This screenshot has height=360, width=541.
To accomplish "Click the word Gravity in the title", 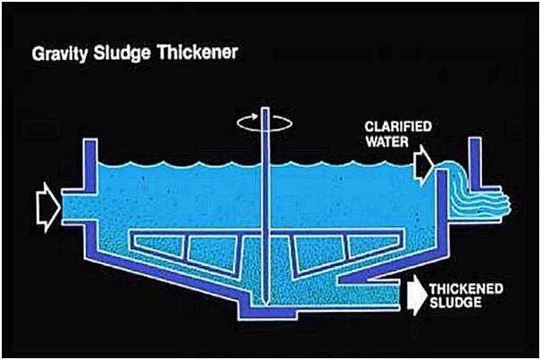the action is pyautogui.click(x=60, y=54).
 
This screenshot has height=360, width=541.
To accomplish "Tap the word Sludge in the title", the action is pyautogui.click(x=122, y=54).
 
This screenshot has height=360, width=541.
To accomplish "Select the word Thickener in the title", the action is pyautogui.click(x=197, y=52).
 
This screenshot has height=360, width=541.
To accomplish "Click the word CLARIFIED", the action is pyautogui.click(x=398, y=127).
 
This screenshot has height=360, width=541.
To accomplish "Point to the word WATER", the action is pyautogui.click(x=387, y=141).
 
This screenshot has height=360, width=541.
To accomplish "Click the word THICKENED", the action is pyautogui.click(x=466, y=289).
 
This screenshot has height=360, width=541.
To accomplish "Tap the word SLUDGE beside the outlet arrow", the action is pyautogui.click(x=455, y=303).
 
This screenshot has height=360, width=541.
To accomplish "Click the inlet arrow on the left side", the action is pyautogui.click(x=48, y=207).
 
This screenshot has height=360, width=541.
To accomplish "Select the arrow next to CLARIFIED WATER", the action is pyautogui.click(x=424, y=165).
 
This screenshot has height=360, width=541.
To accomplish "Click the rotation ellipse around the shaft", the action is pyautogui.click(x=265, y=122).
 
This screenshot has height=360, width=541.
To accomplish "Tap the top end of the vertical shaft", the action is pyautogui.click(x=265, y=108).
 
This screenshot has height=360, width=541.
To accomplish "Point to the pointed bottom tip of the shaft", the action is pyautogui.click(x=265, y=305).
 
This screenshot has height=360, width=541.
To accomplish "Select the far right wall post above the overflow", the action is pyautogui.click(x=475, y=163).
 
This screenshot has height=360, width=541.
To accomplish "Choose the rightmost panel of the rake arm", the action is pyautogui.click(x=373, y=246).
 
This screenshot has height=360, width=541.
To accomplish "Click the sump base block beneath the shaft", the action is pyautogui.click(x=268, y=313).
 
